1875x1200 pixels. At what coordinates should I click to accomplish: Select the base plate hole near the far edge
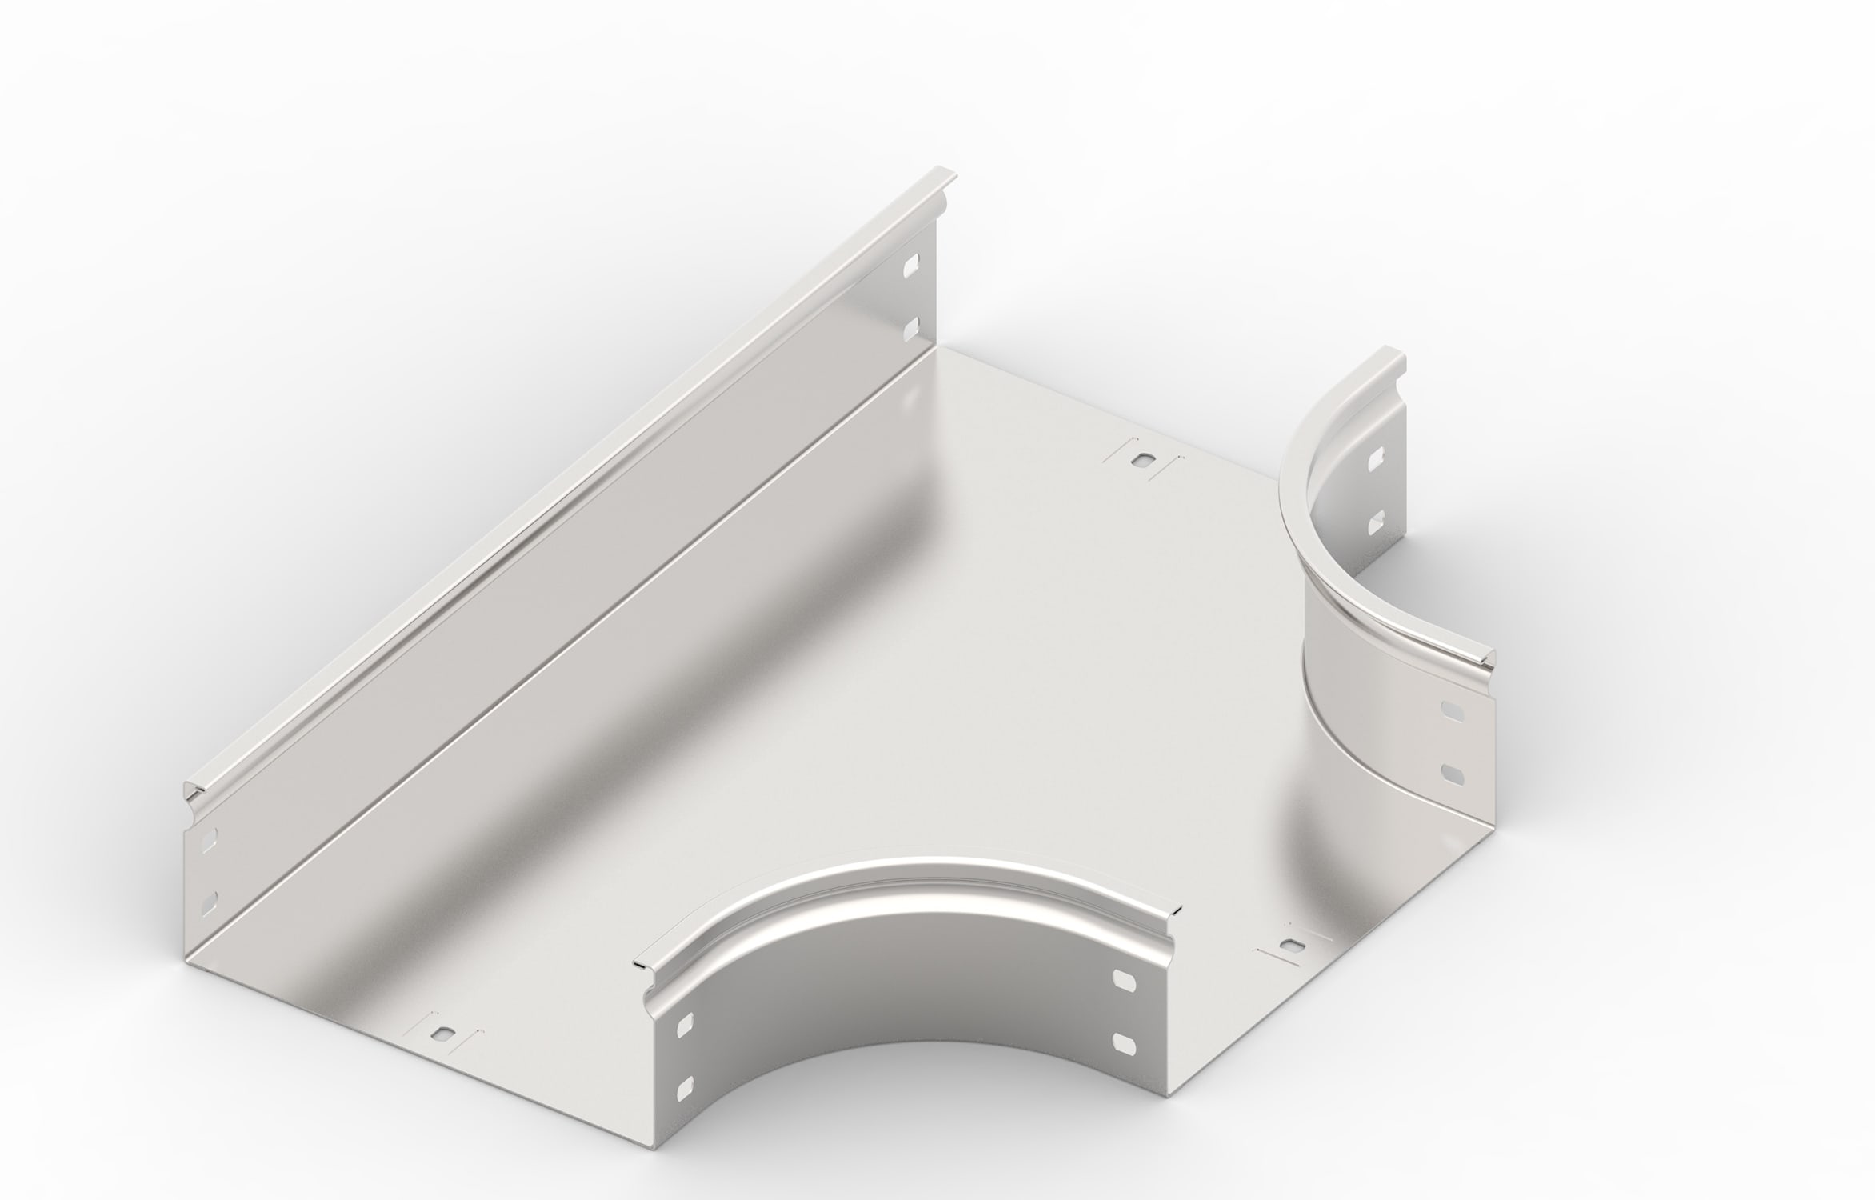[1142, 462]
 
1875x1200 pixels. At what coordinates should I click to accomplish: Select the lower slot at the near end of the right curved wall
[1450, 774]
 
